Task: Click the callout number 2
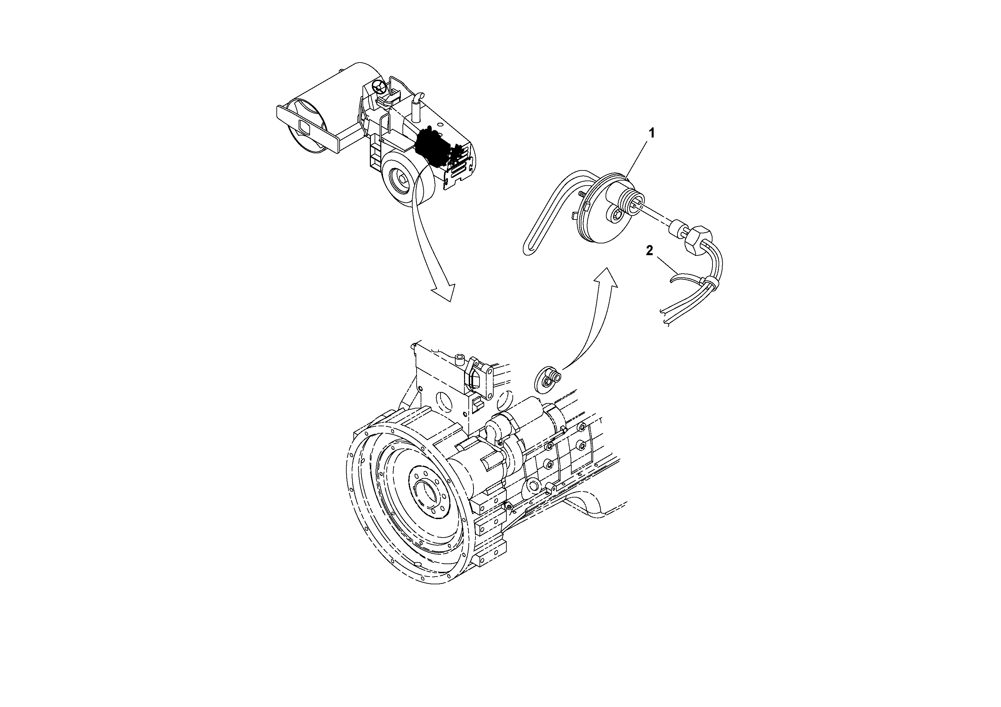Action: (649, 251)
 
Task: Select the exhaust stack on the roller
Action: (416, 107)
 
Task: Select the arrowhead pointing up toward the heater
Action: (606, 276)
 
